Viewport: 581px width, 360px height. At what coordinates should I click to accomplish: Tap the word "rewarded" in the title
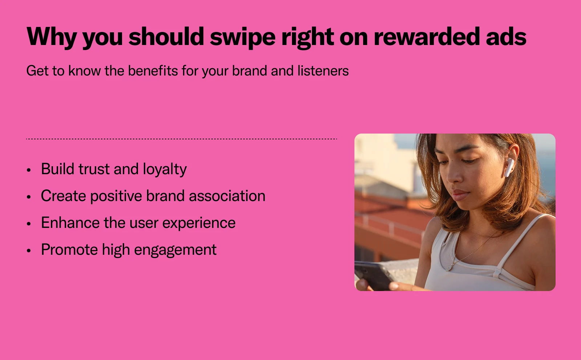[x=426, y=36]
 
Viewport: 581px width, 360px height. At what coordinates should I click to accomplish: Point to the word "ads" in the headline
[x=506, y=36]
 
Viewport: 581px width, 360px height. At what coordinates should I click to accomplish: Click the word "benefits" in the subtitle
[x=153, y=70]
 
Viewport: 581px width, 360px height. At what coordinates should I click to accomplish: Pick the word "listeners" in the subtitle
[x=323, y=70]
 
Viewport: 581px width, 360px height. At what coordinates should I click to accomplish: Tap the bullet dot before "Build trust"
[x=29, y=170]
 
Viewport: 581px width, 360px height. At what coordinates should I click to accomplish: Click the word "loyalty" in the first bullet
[x=165, y=169]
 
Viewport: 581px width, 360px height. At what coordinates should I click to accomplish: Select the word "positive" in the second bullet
[x=116, y=196]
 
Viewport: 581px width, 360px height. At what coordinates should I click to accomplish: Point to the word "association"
[x=227, y=196]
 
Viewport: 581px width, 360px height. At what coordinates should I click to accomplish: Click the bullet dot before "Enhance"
[x=29, y=224]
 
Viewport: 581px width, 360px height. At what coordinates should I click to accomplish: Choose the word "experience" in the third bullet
[x=199, y=223]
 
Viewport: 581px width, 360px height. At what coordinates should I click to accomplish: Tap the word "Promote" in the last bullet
[x=69, y=250]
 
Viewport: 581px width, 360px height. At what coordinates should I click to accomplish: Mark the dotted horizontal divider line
[x=182, y=139]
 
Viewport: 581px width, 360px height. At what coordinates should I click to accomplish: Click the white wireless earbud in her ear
[x=509, y=167]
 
